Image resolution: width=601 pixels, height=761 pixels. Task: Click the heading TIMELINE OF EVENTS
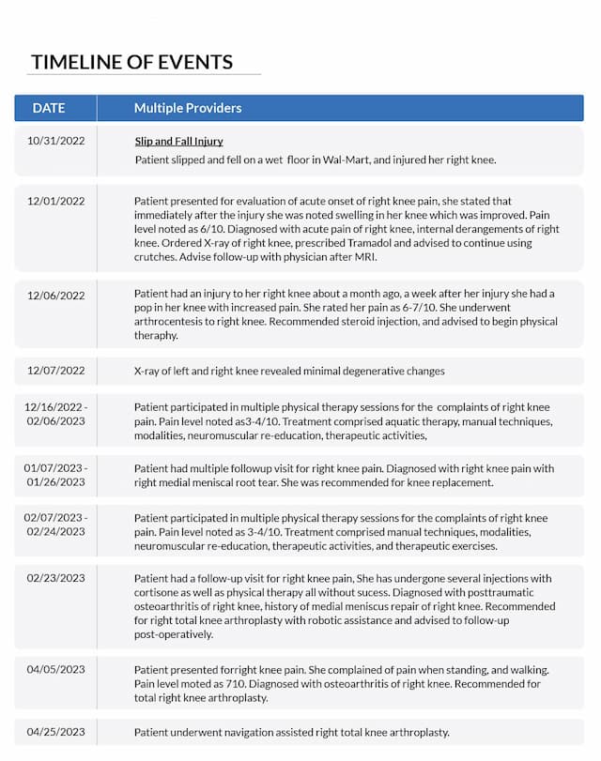(x=131, y=62)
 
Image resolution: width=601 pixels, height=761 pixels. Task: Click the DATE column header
(x=49, y=108)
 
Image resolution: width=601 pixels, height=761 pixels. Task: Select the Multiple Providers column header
(x=188, y=108)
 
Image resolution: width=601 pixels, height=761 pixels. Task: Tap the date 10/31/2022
(x=56, y=141)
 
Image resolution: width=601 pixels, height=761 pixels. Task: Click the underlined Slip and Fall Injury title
(x=178, y=142)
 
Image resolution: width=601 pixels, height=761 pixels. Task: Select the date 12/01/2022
(x=56, y=201)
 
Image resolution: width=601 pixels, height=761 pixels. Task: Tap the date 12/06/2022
(x=56, y=295)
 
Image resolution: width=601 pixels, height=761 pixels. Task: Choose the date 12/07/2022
(x=56, y=371)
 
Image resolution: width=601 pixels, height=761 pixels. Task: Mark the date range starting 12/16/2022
(x=56, y=407)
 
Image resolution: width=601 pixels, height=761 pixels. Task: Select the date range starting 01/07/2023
(x=56, y=468)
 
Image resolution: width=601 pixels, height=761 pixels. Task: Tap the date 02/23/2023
(x=56, y=578)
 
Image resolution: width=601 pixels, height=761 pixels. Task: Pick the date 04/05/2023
(x=56, y=669)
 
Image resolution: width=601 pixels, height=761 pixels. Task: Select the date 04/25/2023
(x=56, y=731)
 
